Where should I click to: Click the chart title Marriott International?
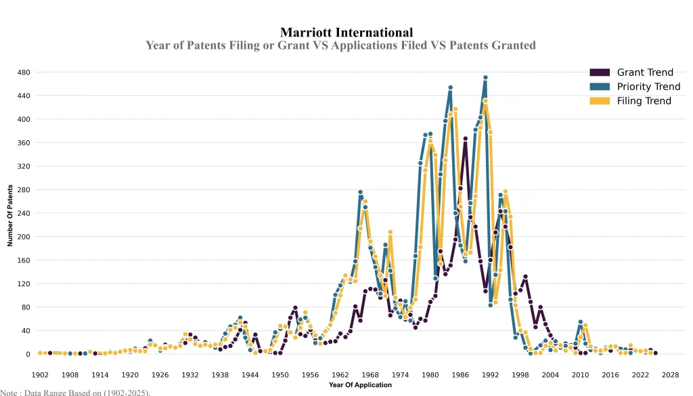pos(346,32)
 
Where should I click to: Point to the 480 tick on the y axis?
pos(24,72)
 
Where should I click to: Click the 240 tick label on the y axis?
pos(24,213)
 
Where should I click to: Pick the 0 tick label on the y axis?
pos(28,354)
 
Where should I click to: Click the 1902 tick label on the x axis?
pos(40,374)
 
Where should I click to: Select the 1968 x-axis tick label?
pos(370,374)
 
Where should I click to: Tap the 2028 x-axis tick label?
pos(671,374)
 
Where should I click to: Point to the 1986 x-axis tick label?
pos(460,374)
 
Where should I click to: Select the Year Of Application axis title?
pos(360,385)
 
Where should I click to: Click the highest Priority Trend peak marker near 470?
pos(485,78)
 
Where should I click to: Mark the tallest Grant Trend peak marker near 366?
pos(466,139)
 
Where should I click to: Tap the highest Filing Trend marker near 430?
pos(485,101)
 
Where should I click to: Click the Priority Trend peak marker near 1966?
pos(360,192)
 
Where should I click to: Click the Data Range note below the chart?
pos(75,392)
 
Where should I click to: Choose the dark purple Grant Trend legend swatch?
pos(600,72)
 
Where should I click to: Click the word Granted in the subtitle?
pos(511,45)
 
